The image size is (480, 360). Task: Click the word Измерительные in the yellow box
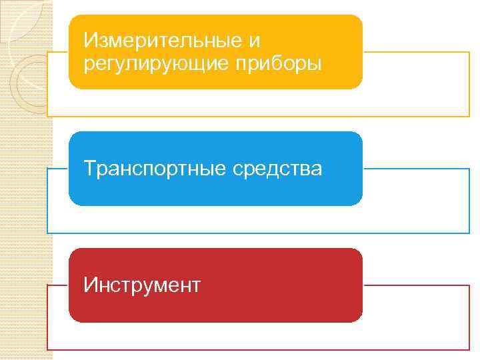point(164,41)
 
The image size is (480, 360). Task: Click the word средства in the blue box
point(277,169)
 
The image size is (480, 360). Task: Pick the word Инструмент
point(142,285)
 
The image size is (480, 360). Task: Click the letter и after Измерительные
point(254,41)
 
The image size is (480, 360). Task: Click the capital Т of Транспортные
point(90,169)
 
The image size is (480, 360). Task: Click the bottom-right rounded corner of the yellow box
point(358,84)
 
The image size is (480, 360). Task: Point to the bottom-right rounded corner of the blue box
point(358,201)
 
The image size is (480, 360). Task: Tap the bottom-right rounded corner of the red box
point(358,317)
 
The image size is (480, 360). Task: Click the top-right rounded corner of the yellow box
point(358,19)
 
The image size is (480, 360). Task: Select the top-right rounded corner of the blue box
point(358,136)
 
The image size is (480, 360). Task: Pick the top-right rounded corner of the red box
point(358,253)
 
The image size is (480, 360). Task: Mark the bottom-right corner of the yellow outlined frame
point(469,117)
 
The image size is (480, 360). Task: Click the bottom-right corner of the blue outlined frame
point(469,233)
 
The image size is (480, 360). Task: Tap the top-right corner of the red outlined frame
point(469,285)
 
